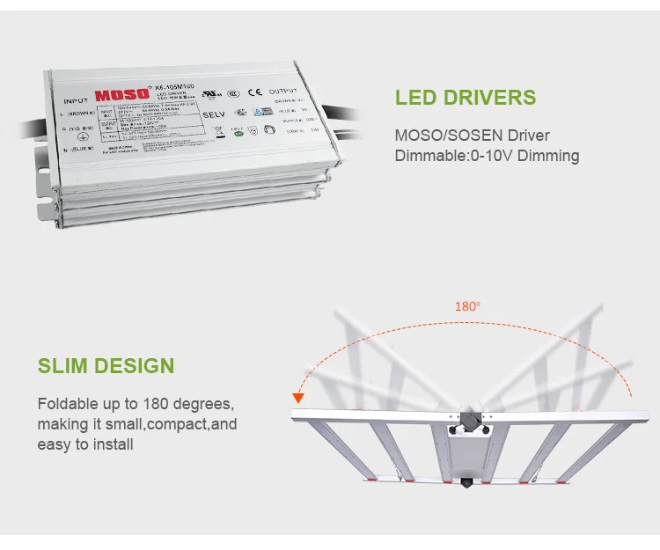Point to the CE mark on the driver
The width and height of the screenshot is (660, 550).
(x=255, y=91)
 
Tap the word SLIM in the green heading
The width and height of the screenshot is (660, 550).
(x=65, y=365)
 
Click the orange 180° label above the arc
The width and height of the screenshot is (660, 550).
(x=466, y=307)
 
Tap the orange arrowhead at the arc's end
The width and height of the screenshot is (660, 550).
(x=298, y=398)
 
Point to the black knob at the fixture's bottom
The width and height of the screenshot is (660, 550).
(x=465, y=483)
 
